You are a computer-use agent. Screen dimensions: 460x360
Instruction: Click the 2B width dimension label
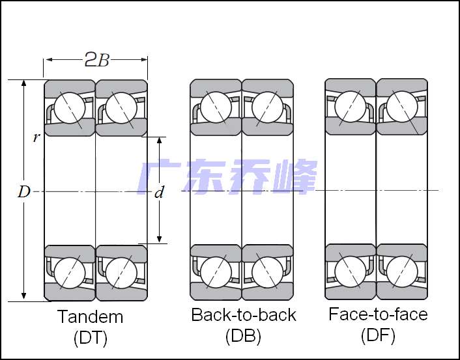[x=97, y=59]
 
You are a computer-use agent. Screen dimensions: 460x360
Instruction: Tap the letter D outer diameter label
[x=23, y=192]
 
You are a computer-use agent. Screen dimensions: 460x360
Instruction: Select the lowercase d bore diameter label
[x=159, y=193]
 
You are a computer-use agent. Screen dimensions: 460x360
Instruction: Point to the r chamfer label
[x=36, y=137]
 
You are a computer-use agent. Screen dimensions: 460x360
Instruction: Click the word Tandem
[x=90, y=317]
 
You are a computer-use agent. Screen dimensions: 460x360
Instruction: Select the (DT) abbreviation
[x=91, y=338]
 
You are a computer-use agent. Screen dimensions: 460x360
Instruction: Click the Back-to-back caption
[x=244, y=315]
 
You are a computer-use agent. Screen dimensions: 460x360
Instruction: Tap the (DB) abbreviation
[x=243, y=336]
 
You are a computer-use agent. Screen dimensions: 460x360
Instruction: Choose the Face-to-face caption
[x=378, y=314]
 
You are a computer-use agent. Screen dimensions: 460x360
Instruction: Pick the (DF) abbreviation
[x=378, y=335]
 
